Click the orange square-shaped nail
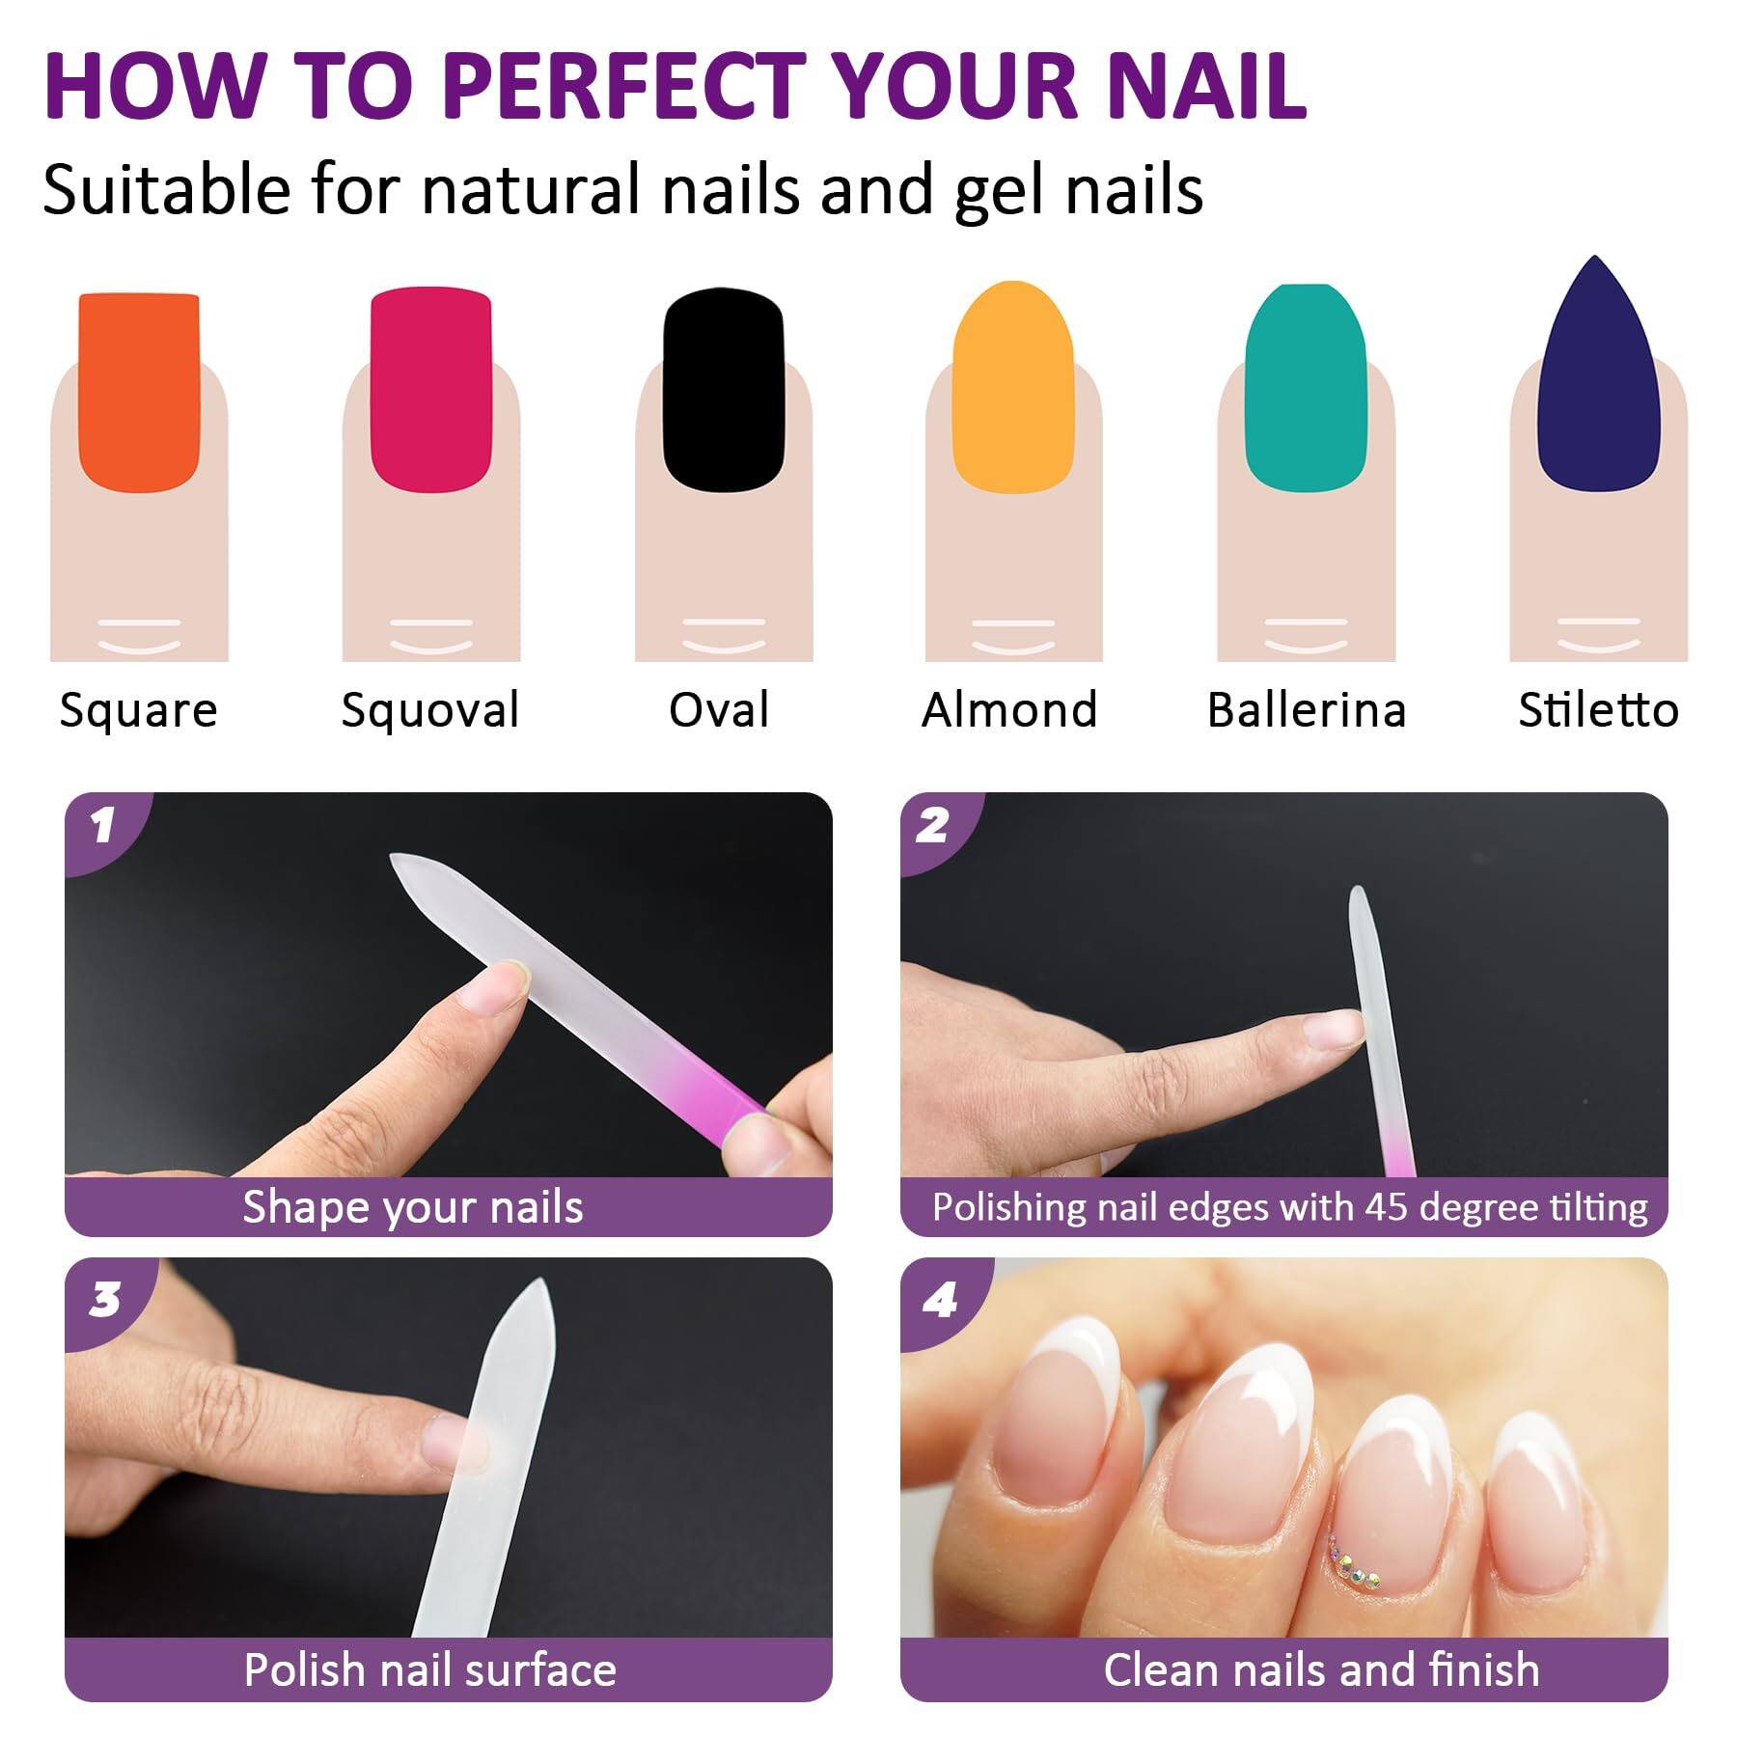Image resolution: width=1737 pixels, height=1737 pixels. [139, 391]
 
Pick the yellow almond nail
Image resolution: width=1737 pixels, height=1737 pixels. [1012, 386]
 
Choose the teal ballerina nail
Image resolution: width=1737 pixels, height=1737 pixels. [1305, 386]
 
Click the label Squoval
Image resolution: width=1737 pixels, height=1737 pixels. [430, 711]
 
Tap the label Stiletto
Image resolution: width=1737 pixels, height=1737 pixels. [1598, 711]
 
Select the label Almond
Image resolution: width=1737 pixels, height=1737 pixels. [1009, 711]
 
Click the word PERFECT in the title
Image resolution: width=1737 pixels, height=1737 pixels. [625, 87]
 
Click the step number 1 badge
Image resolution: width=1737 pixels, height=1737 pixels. [102, 826]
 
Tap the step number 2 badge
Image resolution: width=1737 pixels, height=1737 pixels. [933, 826]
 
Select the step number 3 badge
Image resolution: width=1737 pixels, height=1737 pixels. [104, 1300]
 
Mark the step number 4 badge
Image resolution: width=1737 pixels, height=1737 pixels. [939, 1301]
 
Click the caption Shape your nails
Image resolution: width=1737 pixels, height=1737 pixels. [413, 1207]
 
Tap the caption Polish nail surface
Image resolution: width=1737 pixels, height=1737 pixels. [429, 1670]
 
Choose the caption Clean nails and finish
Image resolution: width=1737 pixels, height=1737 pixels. [1321, 1670]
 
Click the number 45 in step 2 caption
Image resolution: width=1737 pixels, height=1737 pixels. [1387, 1207]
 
